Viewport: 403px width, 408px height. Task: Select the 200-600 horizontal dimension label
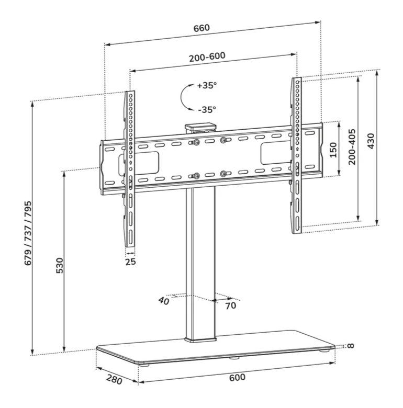212,58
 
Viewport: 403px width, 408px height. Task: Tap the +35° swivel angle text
207,85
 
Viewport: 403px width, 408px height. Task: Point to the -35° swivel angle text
207,109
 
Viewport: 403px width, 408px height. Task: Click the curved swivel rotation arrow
185,97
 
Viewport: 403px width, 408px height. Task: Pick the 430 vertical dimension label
371,141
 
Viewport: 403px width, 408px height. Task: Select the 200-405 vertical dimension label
352,146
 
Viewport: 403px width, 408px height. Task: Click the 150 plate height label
333,150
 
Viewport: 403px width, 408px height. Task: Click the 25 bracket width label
130,261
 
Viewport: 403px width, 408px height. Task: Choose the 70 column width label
230,305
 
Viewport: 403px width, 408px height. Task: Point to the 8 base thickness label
350,345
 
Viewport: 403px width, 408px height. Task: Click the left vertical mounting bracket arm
129,167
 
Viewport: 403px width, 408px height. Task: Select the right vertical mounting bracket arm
297,157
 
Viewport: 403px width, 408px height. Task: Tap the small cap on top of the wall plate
201,127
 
